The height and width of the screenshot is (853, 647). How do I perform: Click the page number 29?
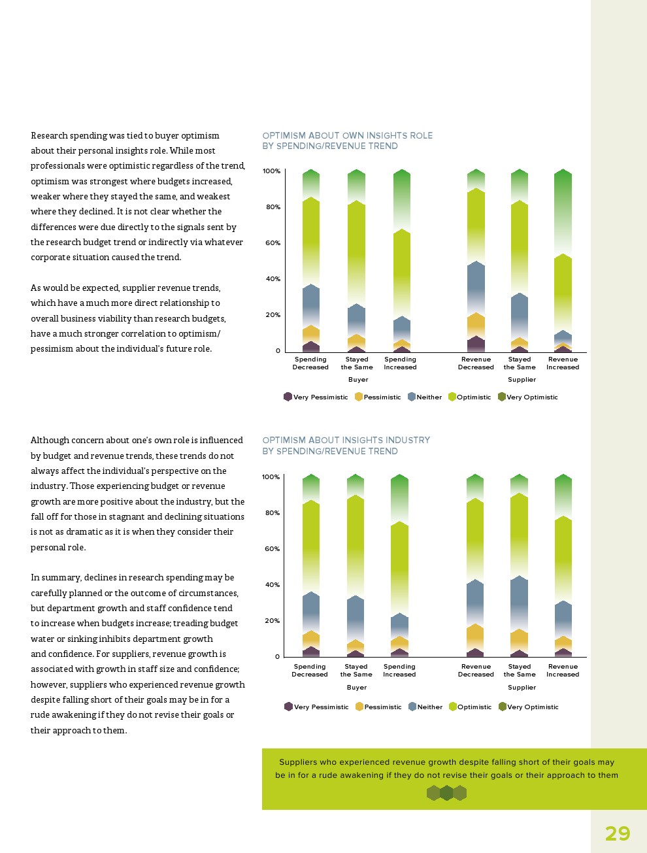pos(617,833)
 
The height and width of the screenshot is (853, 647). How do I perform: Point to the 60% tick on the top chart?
pos(271,243)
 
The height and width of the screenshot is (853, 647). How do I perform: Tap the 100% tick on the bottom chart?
pos(271,477)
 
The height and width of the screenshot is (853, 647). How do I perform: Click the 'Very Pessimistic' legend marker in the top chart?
pos(288,397)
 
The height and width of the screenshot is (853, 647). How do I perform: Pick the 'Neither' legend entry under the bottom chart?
pos(425,707)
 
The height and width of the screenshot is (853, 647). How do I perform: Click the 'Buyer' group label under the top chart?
pos(358,380)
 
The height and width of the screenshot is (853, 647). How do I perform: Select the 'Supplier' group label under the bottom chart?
pos(522,688)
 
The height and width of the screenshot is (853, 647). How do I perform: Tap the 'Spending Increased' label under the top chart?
pos(400,363)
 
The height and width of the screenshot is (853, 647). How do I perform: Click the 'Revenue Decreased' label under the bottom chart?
pos(476,671)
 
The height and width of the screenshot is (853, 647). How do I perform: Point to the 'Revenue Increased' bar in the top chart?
pos(563,261)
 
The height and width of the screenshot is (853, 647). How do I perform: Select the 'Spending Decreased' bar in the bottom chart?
pos(311,565)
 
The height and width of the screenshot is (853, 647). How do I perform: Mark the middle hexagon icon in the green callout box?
pos(446,793)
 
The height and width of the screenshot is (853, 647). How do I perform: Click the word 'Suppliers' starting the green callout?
pos(298,762)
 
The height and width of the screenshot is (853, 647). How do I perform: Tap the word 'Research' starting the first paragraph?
pos(49,136)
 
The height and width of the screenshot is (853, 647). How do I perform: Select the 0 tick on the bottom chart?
pos(277,657)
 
